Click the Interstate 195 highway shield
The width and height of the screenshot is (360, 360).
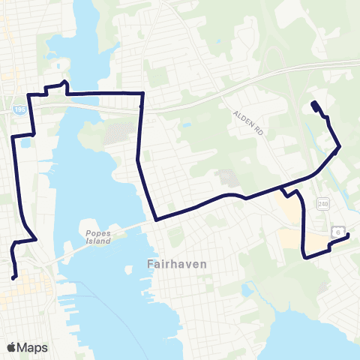pyautogui.click(x=17, y=110)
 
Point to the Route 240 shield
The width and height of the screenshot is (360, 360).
pyautogui.click(x=322, y=203)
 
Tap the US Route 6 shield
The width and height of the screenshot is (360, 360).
pyautogui.click(x=340, y=233)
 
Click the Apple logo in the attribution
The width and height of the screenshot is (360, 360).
pyautogui.click(x=11, y=347)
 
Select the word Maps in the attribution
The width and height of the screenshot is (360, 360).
pyautogui.click(x=33, y=347)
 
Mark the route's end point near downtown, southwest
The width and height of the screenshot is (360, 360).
pyautogui.click(x=15, y=278)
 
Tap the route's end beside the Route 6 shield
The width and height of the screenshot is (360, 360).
pyautogui.click(x=349, y=237)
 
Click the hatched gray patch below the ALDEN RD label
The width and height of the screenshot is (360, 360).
pyautogui.click(x=225, y=178)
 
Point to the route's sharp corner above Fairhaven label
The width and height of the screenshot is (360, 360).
pyautogui.click(x=155, y=220)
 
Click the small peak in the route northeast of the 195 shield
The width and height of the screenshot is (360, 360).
pyautogui.click(x=66, y=82)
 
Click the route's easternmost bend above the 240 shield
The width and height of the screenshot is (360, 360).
pyautogui.click(x=340, y=146)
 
